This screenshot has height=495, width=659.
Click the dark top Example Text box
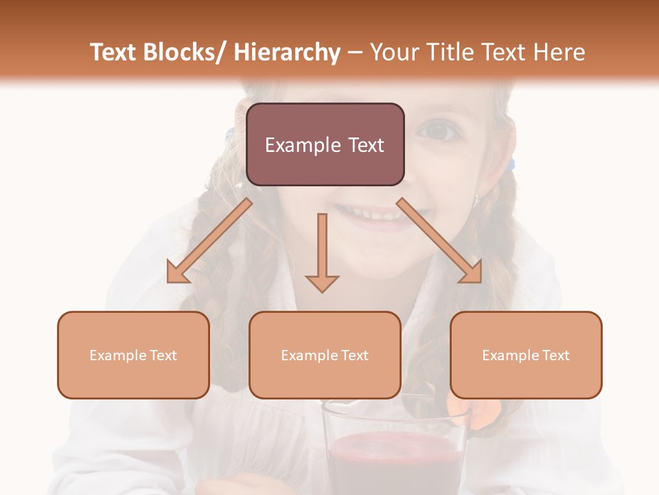(x=325, y=144)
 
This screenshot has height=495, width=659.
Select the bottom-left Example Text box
(x=133, y=355)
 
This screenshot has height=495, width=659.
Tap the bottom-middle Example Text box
(x=325, y=355)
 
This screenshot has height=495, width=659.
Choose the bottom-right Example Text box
(x=526, y=355)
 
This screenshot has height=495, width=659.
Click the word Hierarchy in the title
(x=287, y=52)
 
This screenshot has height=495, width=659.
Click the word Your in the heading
(x=394, y=52)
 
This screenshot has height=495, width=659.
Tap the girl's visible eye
(x=438, y=129)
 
